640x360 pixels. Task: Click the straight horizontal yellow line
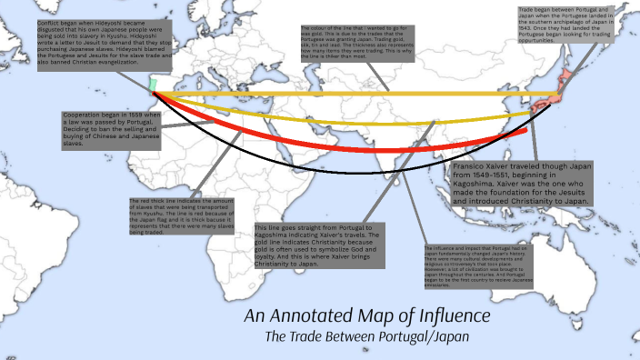coord(364,94)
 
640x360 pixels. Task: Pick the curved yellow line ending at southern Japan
coord(364,121)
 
